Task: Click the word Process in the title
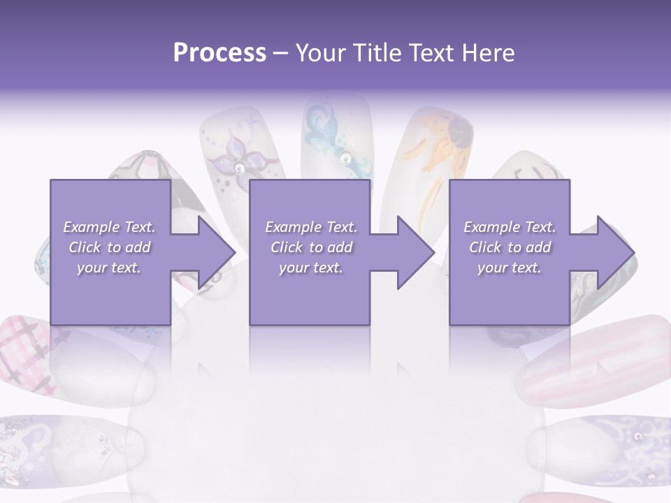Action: coord(219,53)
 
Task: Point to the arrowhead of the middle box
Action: coord(416,252)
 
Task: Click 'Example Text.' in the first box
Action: coord(109,227)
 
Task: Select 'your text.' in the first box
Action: coord(109,268)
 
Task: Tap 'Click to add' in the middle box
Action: coord(311,247)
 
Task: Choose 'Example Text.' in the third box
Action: coord(510,227)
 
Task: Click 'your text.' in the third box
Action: coord(510,268)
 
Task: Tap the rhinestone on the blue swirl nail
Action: coord(345,159)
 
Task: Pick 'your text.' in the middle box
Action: coord(311,268)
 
